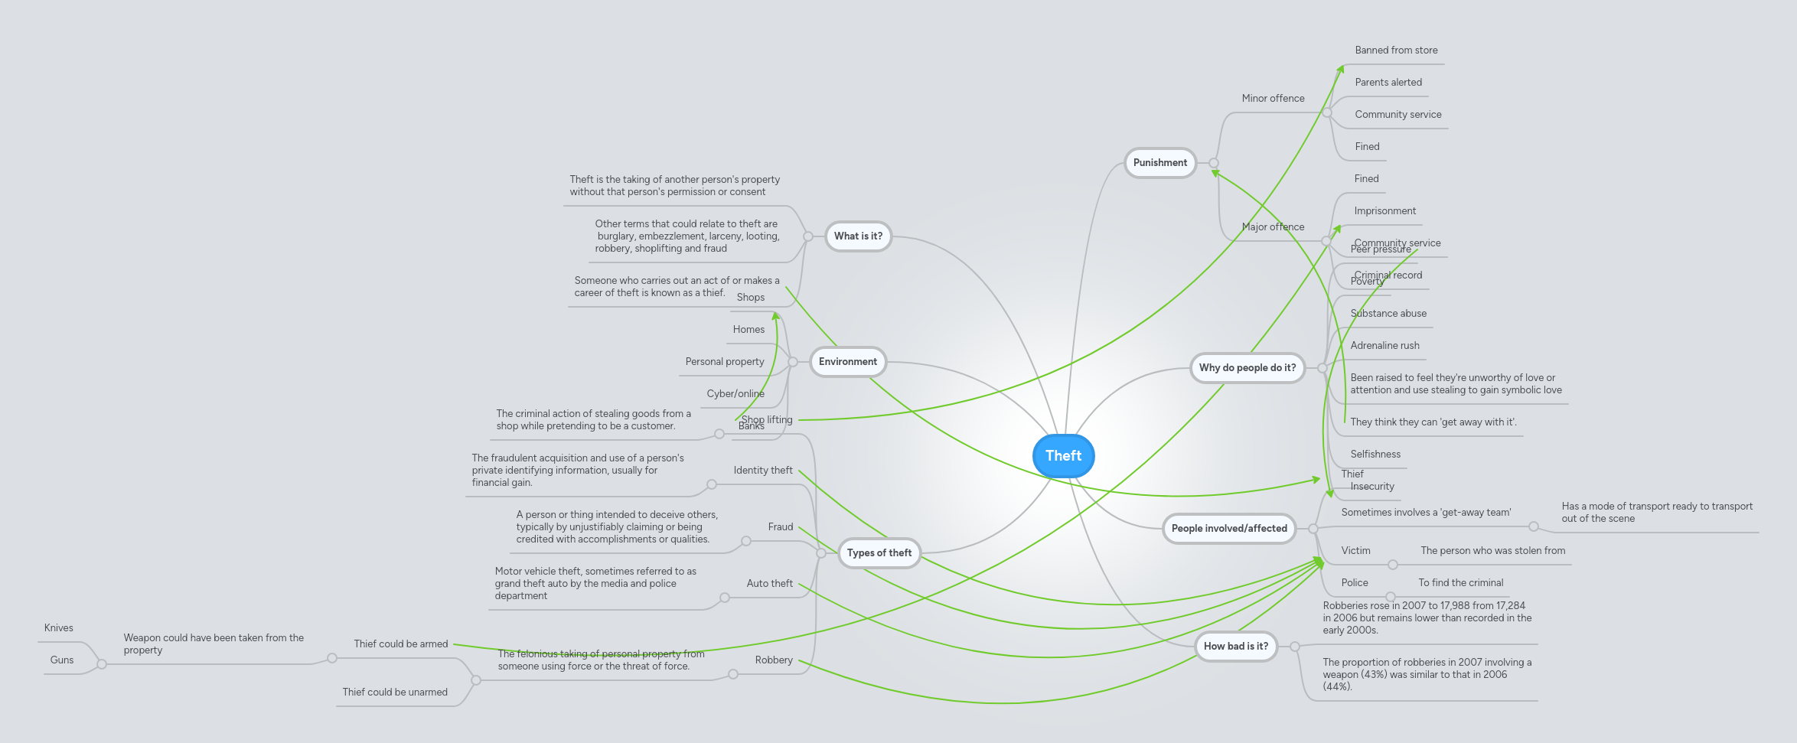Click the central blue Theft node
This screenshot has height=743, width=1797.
coord(1063,456)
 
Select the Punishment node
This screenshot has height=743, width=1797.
coord(1159,163)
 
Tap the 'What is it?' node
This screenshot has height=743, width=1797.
coord(858,236)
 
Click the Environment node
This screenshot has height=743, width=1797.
coord(847,362)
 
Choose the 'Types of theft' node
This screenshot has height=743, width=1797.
coord(879,553)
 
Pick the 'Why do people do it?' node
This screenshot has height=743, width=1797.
coord(1247,368)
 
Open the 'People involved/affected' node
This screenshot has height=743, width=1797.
coord(1228,529)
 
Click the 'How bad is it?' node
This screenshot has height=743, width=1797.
coord(1235,647)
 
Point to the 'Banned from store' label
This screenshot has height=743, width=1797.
coord(1395,51)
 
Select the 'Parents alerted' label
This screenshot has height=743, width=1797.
coord(1388,83)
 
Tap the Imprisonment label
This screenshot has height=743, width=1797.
coord(1384,211)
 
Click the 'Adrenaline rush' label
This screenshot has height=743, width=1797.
coord(1384,346)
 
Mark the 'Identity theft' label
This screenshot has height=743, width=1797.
coord(762,471)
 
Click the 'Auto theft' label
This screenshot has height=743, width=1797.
coord(769,584)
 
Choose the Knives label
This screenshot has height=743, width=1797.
coord(59,628)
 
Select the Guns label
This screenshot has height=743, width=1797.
coord(62,660)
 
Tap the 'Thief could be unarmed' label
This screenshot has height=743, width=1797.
coord(395,692)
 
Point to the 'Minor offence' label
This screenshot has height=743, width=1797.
coord(1273,99)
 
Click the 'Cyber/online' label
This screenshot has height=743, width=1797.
coord(735,394)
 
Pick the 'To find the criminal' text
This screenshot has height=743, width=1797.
coord(1460,583)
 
